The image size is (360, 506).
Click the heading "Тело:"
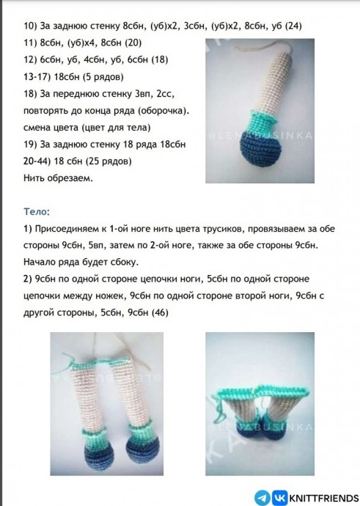pyautogui.click(x=37, y=212)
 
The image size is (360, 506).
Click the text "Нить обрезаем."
pyautogui.click(x=58, y=177)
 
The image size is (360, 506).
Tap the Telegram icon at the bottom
pyautogui.click(x=262, y=497)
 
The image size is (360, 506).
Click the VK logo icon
pyautogui.click(x=279, y=497)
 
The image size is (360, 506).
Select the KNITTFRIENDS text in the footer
pyautogui.click(x=324, y=498)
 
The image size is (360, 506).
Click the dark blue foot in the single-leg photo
pyautogui.click(x=260, y=149)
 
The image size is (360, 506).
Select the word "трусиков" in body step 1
pyautogui.click(x=223, y=229)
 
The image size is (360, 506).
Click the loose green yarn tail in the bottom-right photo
pyautogui.click(x=218, y=408)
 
